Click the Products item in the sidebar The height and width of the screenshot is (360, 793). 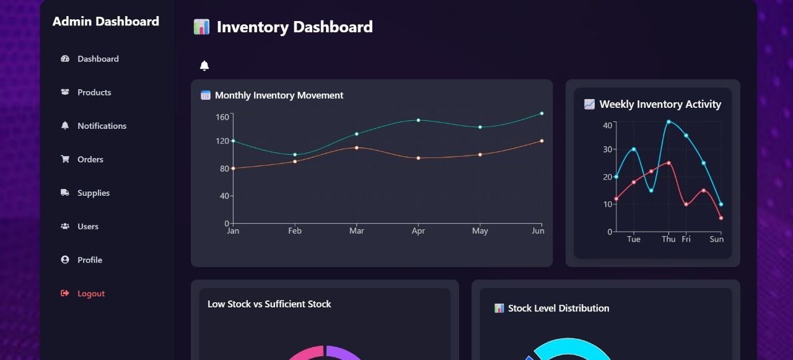(94, 92)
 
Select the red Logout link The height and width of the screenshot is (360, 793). (90, 294)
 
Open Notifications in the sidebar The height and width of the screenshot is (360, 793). (102, 126)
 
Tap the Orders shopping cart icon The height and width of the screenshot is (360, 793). (65, 159)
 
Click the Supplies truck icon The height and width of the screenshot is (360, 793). (65, 193)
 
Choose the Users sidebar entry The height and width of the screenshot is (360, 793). (87, 226)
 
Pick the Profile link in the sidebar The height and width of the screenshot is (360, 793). (89, 260)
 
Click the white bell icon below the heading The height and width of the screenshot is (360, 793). (204, 66)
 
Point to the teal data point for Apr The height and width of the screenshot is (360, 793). (418, 120)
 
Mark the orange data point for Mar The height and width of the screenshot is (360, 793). (356, 147)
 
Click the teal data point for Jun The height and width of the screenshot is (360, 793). (541, 113)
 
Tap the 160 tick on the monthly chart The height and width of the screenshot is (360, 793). (222, 116)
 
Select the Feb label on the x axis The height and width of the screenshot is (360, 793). (295, 231)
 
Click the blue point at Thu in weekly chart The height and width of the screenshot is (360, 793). (668, 121)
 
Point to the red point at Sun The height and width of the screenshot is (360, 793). (721, 218)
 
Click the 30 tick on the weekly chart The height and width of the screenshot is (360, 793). (607, 149)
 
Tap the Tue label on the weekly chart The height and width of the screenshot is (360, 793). (633, 239)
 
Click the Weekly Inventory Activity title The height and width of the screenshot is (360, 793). (660, 104)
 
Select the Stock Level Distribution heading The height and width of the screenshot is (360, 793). (558, 308)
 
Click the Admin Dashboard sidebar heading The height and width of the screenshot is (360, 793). (106, 22)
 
